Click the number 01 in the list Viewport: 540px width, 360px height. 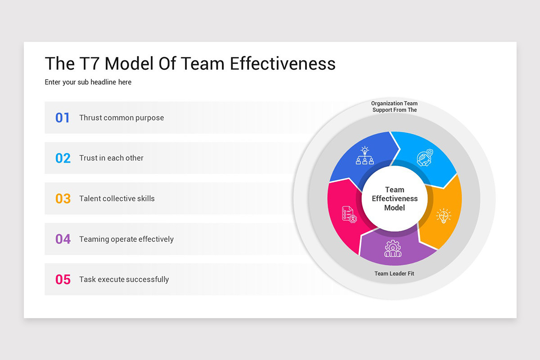(x=63, y=118)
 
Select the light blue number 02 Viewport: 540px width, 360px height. (x=63, y=158)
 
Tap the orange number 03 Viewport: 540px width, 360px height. (x=63, y=198)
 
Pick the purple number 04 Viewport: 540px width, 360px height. (x=63, y=239)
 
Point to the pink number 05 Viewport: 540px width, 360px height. (x=63, y=279)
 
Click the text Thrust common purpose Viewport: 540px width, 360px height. (x=121, y=118)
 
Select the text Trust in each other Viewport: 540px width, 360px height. (x=111, y=158)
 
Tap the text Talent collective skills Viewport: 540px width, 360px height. (x=117, y=198)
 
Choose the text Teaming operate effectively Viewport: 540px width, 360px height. (x=126, y=239)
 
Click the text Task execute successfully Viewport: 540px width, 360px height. (x=124, y=279)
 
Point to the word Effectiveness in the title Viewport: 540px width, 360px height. (x=283, y=63)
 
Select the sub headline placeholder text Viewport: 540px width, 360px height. (x=88, y=82)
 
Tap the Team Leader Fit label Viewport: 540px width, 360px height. (x=394, y=274)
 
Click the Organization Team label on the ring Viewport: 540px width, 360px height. (x=394, y=103)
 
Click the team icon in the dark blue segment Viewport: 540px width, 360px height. (x=365, y=156)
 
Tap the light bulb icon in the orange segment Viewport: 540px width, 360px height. (x=443, y=216)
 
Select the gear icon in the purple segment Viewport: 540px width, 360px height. (x=393, y=248)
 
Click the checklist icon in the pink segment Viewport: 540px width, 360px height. (x=349, y=214)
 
